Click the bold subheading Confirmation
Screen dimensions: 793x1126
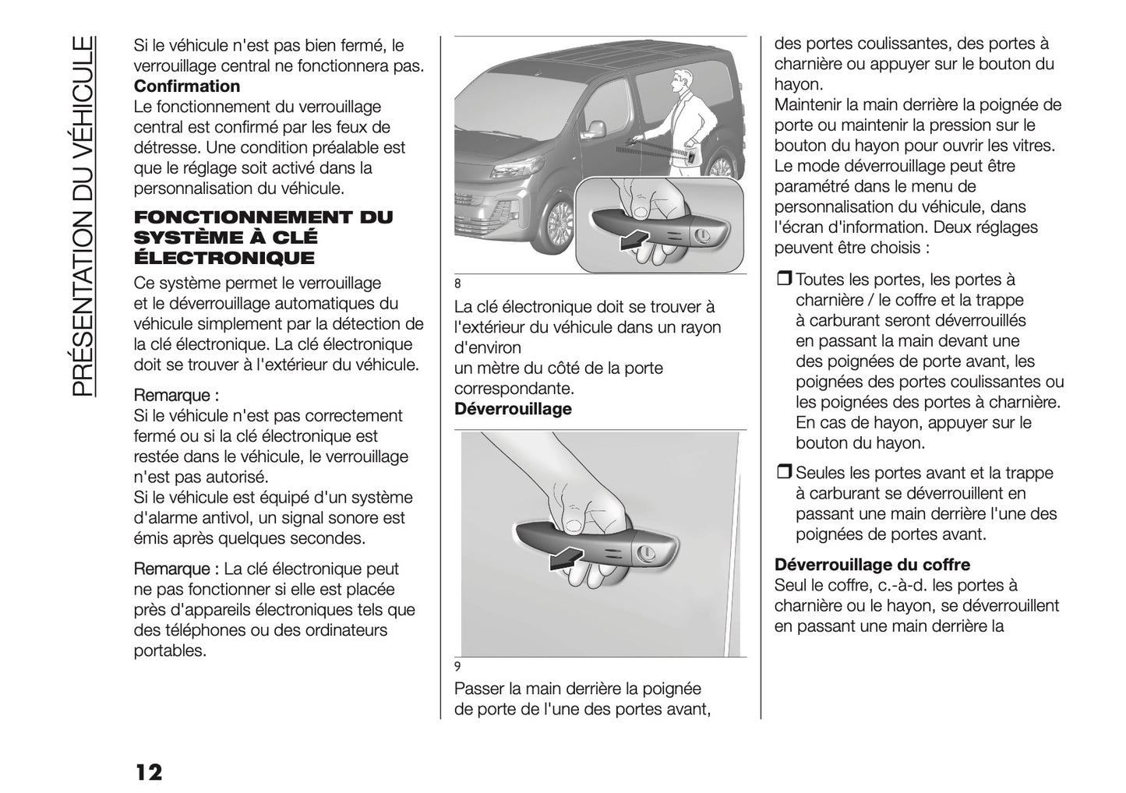click(x=187, y=86)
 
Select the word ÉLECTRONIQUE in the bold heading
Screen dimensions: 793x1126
click(x=224, y=258)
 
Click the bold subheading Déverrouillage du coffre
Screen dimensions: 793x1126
click(x=872, y=565)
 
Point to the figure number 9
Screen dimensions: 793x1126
click(x=457, y=666)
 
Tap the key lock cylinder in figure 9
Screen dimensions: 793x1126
click(x=645, y=555)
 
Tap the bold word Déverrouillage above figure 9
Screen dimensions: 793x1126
click(x=512, y=409)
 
